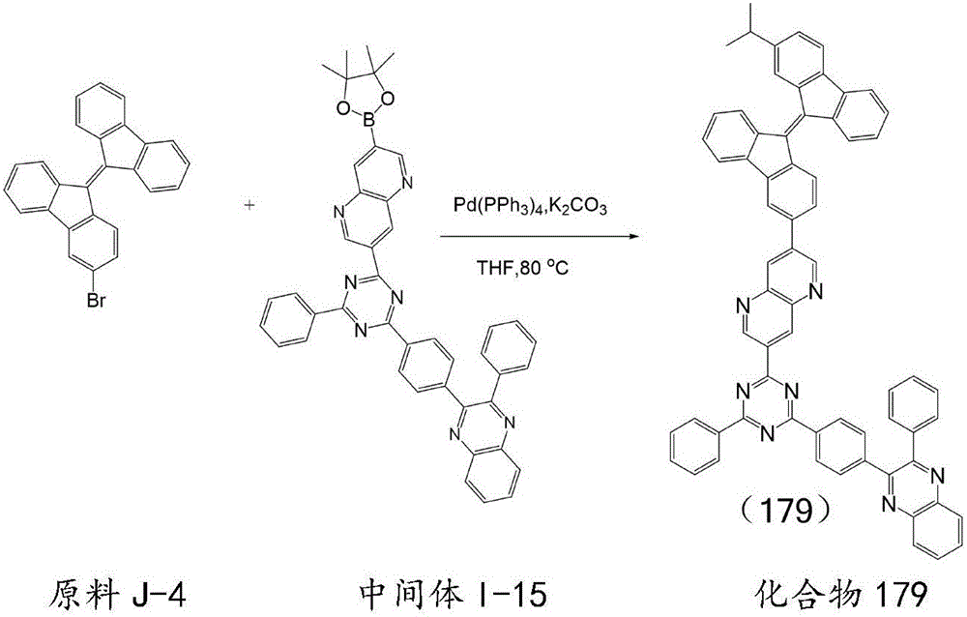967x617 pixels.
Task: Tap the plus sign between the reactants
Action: coord(249,204)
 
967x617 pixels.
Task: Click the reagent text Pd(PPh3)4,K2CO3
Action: coord(530,206)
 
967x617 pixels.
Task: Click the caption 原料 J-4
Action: coord(117,596)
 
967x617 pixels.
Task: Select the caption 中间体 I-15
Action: coord(454,596)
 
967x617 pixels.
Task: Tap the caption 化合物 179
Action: coord(842,596)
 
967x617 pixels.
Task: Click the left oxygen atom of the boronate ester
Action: coord(341,109)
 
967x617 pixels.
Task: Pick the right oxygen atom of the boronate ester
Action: coord(388,97)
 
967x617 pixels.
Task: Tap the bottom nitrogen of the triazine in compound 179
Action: coord(767,434)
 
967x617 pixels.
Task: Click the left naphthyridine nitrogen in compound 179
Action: coord(742,306)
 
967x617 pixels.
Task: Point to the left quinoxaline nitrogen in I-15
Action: coord(454,435)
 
